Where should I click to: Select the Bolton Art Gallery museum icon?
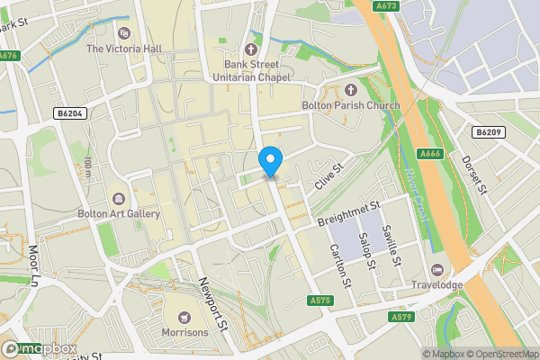coord(119,198)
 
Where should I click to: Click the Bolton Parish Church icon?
coord(351,90)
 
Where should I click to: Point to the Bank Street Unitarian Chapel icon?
coord(251,49)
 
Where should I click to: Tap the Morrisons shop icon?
coord(185,317)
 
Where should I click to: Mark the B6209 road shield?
coord(487,132)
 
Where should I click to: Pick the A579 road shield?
coord(401,317)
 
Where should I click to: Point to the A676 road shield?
coord(8,56)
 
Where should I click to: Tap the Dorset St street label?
coord(473,175)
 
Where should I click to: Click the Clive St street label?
coord(329,176)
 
